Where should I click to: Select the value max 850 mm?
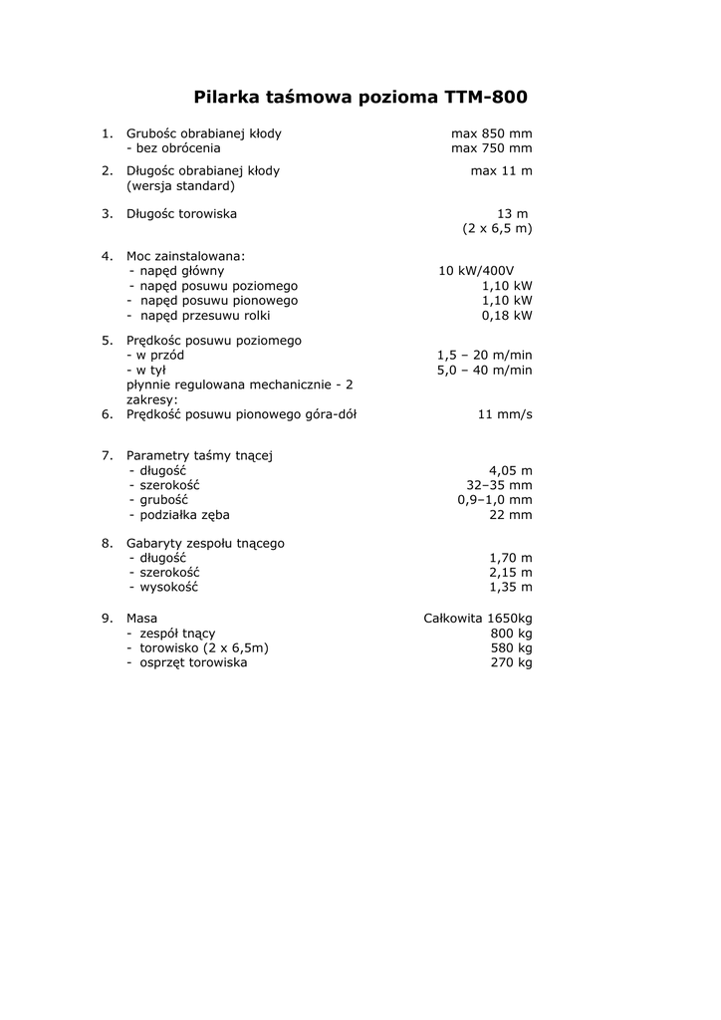point(491,133)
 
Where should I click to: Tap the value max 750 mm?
point(491,148)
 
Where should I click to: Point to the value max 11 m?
point(501,170)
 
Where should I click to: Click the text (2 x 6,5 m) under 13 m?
point(497,228)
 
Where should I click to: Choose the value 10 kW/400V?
point(476,270)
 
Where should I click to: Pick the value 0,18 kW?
point(507,315)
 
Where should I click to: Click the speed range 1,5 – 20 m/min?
point(484,355)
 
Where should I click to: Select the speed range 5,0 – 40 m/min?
point(484,370)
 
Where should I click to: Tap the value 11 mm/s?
point(505,414)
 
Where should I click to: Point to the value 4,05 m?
point(510,470)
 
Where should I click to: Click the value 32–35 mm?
point(499,485)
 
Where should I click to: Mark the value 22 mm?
point(512,515)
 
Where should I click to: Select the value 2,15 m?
point(510,573)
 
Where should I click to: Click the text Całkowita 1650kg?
point(478,618)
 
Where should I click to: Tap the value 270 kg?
point(511,662)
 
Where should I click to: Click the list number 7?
point(106,455)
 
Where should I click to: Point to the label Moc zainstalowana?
point(185,255)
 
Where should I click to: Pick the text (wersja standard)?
point(180,185)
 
